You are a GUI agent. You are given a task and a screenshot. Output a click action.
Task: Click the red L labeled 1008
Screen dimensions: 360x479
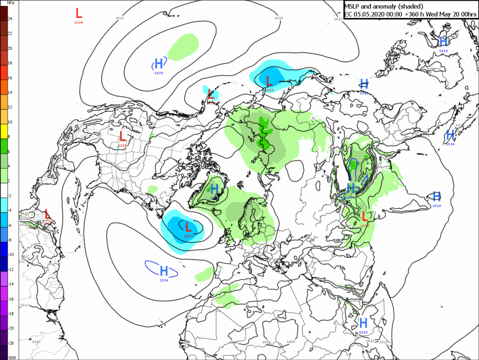[79, 13]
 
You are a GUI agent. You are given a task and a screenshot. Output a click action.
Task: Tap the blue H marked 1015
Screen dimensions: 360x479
[443, 41]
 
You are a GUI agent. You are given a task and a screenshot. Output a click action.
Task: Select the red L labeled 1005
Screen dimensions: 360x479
[269, 81]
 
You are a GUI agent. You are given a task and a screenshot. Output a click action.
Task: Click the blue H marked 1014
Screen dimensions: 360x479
[450, 135]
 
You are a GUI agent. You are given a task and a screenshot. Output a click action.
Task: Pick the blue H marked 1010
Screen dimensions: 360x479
[436, 196]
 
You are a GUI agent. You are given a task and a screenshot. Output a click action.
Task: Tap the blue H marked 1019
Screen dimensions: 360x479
[363, 323]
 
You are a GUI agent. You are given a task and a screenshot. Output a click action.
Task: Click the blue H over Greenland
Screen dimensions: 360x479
[214, 189]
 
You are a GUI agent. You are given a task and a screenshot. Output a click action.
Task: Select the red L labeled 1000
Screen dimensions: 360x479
[365, 216]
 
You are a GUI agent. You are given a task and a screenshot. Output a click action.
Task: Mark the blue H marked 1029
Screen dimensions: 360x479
[351, 188]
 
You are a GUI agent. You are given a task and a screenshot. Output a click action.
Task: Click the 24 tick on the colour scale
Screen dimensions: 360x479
[9, 19]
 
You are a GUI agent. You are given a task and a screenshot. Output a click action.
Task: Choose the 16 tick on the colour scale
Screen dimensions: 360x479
[9, 78]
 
